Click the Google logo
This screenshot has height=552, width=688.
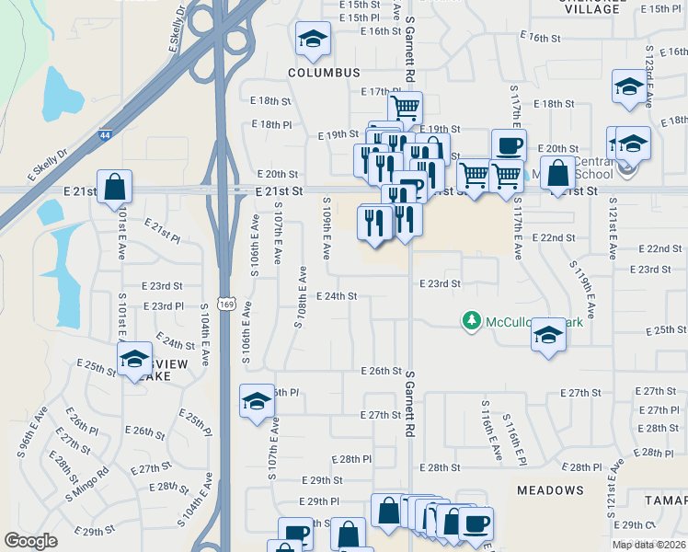click(30, 541)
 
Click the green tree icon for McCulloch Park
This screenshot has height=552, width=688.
click(472, 320)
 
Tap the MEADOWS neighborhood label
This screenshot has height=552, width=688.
click(550, 490)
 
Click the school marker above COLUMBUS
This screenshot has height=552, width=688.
click(312, 39)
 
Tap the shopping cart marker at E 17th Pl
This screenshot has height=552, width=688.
click(405, 107)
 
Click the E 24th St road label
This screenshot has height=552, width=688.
click(336, 296)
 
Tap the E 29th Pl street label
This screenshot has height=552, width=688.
click(321, 501)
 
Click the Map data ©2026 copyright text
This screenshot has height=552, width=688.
click(648, 545)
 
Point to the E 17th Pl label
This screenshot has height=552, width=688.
click(378, 92)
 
